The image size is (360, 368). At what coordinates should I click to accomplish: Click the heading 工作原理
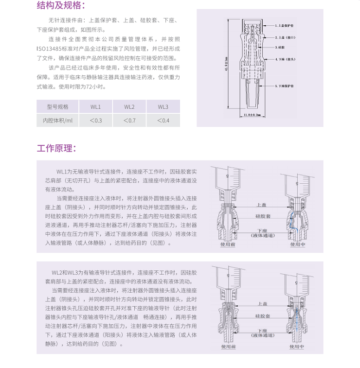point(56,148)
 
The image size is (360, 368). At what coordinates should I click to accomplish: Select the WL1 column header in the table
point(96,106)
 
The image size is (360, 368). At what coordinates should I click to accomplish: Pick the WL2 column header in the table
point(129,106)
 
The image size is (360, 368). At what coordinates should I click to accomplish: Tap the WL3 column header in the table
point(163,106)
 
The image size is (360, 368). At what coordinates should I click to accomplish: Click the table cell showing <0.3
point(96,120)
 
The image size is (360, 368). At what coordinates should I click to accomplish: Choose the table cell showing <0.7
point(129,120)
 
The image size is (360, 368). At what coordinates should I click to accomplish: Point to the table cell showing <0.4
point(163,120)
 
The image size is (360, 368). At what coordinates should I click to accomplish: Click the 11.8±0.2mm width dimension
point(252,115)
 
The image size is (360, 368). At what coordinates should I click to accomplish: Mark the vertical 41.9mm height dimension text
point(226,63)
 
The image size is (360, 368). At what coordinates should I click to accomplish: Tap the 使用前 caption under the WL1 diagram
point(228,245)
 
